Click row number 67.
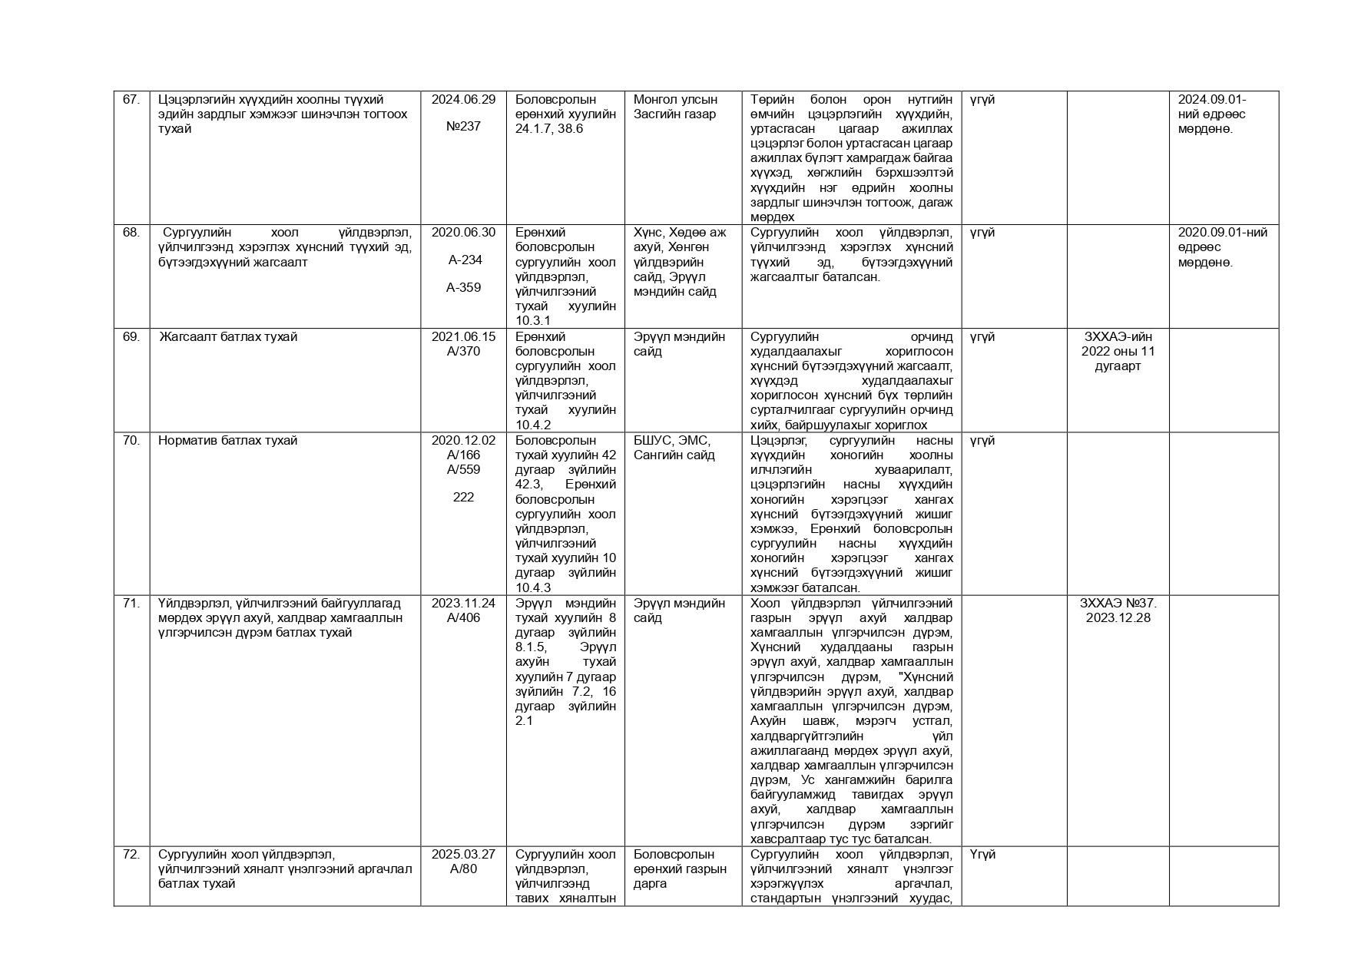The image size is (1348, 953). (131, 99)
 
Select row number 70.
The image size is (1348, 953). (131, 440)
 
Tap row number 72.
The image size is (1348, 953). (131, 854)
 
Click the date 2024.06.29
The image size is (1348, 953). (463, 99)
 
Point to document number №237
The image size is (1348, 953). (463, 127)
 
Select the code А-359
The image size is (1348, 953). (463, 288)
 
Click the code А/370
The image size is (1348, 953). (463, 351)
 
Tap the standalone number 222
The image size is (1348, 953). (463, 498)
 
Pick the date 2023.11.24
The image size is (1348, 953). (463, 603)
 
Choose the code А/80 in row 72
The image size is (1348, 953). (463, 869)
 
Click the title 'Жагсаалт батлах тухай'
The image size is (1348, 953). (228, 336)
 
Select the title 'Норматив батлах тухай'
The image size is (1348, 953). (228, 440)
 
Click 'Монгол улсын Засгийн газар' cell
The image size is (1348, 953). (675, 107)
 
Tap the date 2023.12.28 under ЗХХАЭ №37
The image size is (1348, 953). (1118, 617)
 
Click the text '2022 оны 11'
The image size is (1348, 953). (1118, 351)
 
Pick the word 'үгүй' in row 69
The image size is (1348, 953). (982, 336)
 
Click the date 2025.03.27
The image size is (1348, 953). (463, 854)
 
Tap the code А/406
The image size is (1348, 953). (463, 617)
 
